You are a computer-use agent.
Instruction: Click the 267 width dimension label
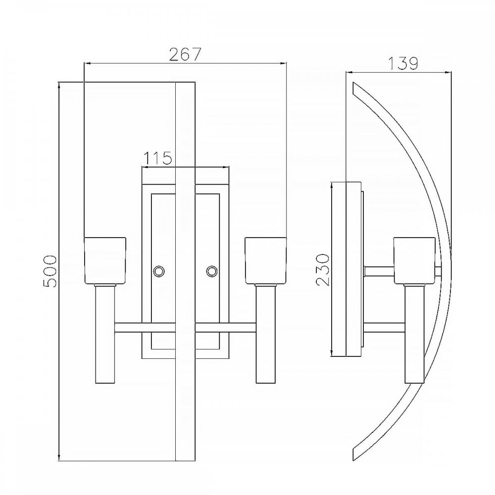[x=185, y=54]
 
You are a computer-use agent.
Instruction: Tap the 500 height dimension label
[x=50, y=271]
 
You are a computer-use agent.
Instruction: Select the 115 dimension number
[x=158, y=158]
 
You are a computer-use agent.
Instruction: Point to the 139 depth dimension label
[x=403, y=63]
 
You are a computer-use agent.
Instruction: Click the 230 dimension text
[x=322, y=270]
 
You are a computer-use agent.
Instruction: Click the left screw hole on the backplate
[x=158, y=271]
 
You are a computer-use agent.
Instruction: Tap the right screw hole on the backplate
[x=212, y=271]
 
